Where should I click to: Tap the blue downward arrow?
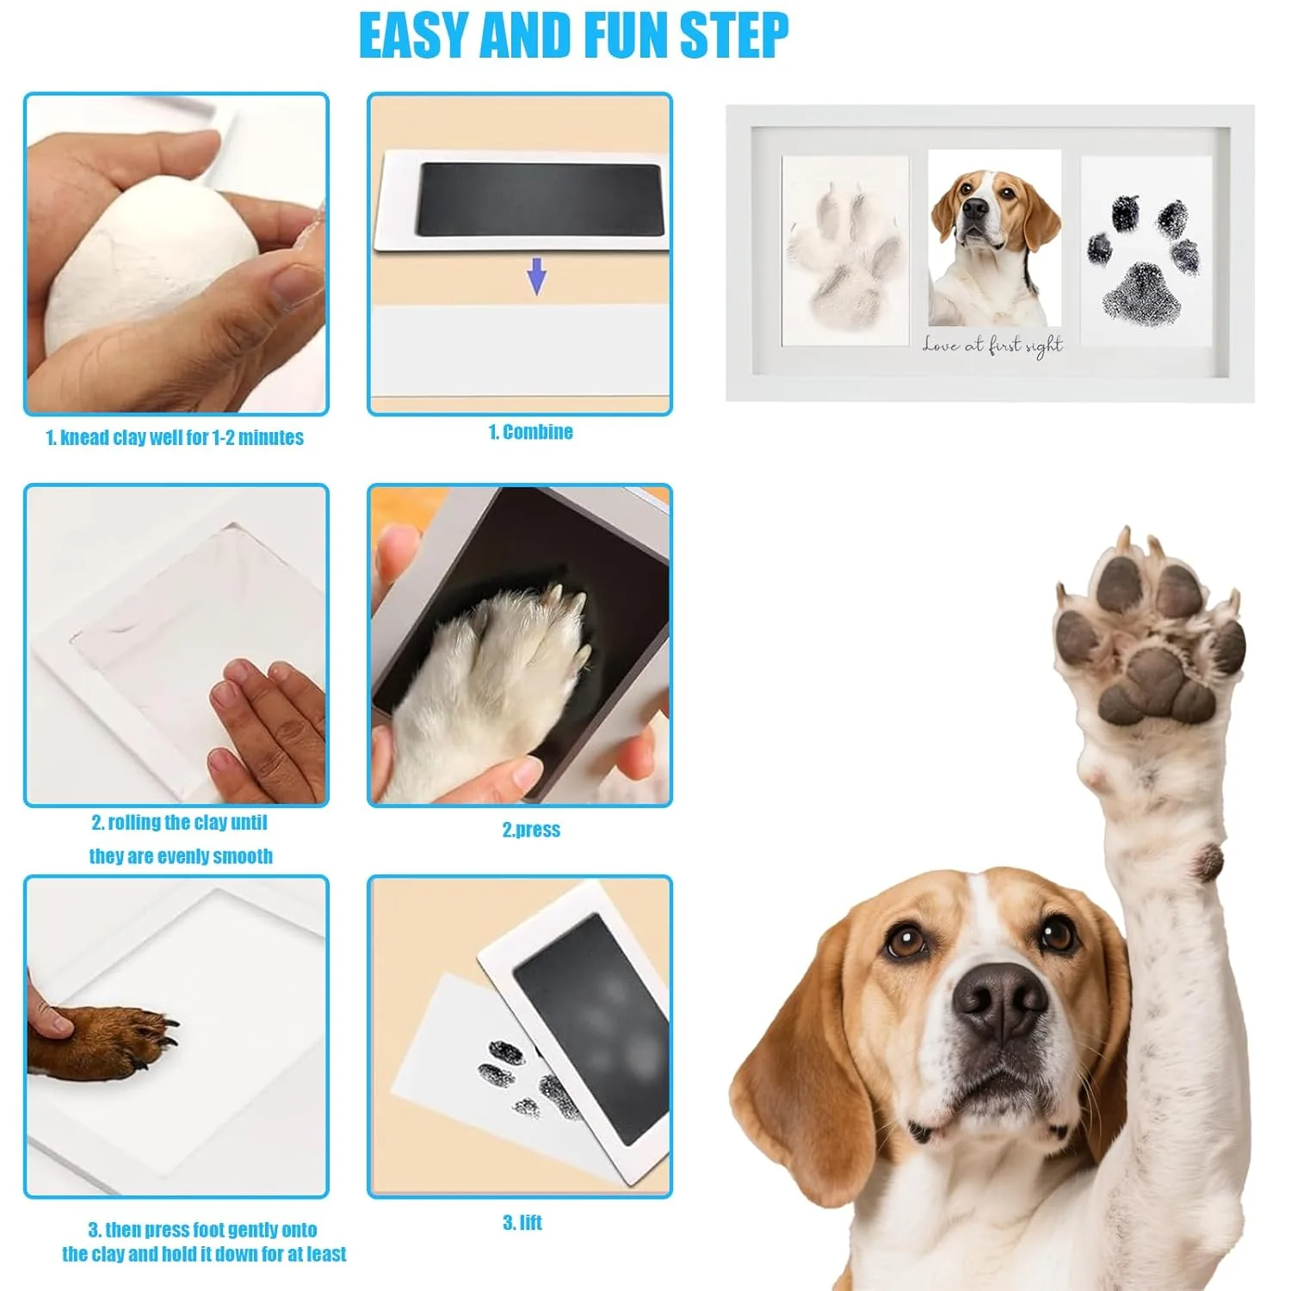536,275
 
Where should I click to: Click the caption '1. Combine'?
530,432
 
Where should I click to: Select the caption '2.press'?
531,830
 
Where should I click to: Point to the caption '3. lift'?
522,1223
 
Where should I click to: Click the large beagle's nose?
998,998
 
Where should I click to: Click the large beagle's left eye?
905,940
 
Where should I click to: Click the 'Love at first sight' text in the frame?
992,345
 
